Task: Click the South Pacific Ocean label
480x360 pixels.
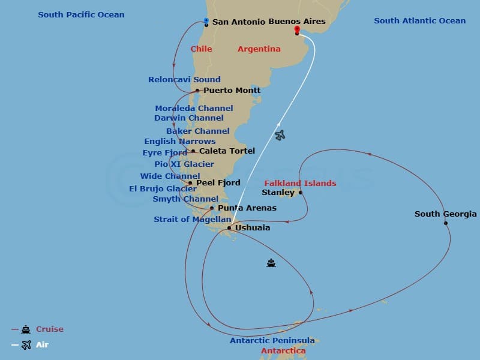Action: point(81,14)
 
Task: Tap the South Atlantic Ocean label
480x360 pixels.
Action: point(419,21)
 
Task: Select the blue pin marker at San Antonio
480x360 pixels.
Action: point(206,22)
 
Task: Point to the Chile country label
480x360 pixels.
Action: point(201,49)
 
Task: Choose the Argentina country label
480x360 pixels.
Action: point(259,49)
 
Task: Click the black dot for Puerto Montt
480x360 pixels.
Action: point(197,91)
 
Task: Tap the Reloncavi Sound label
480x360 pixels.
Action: point(184,79)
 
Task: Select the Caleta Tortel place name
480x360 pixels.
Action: point(227,151)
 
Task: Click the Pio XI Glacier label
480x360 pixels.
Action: point(184,164)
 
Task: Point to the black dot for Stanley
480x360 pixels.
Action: point(301,193)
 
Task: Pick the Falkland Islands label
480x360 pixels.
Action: point(300,183)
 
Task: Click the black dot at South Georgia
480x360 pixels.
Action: point(446,223)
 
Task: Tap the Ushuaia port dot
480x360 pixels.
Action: point(229,228)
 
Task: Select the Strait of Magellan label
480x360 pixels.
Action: point(192,220)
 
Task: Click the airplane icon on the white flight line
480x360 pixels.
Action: point(280,136)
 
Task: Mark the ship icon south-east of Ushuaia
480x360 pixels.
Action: point(271,263)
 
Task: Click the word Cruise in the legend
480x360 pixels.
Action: point(49,329)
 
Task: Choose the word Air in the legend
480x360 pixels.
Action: point(42,345)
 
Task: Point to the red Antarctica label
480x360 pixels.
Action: point(283,351)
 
